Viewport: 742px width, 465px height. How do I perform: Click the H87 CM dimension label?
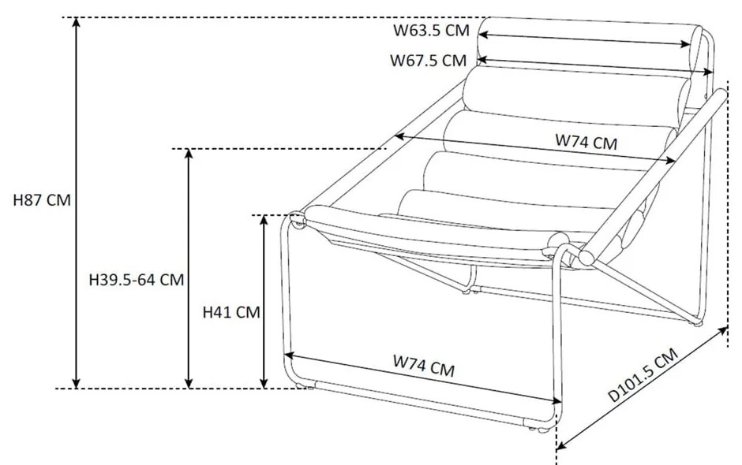(42, 200)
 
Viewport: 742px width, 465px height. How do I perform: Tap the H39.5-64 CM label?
(137, 280)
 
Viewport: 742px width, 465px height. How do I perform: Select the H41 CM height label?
(231, 312)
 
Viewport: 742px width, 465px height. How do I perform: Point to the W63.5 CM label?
(431, 30)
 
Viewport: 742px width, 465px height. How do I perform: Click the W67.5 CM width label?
(429, 61)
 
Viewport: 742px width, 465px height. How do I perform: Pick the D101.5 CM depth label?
(643, 375)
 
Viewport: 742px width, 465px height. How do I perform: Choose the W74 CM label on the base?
(424, 366)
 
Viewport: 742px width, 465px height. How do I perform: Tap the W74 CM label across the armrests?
(586, 141)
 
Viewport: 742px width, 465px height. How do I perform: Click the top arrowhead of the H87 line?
(77, 22)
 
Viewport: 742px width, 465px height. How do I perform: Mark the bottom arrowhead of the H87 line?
(77, 383)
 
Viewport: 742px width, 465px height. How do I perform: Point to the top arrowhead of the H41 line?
(264, 220)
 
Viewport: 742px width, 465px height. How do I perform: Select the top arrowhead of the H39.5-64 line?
(189, 154)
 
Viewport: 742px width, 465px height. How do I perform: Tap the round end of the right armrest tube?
(586, 258)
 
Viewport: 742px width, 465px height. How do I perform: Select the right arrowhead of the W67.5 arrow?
(707, 72)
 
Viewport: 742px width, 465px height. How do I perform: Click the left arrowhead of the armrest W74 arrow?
(400, 136)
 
